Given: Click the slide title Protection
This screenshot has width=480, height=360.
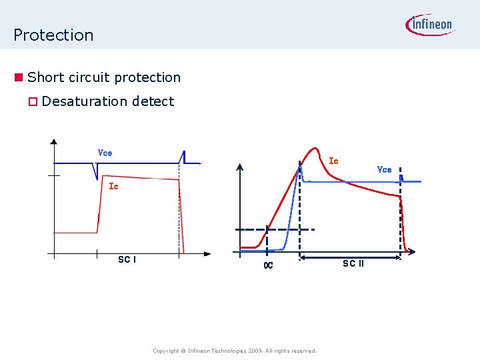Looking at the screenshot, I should (53, 35).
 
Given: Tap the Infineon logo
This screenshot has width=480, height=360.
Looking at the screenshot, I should (429, 25).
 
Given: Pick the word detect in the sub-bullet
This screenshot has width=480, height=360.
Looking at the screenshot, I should (153, 101).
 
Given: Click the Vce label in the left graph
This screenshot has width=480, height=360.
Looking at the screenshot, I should (105, 153).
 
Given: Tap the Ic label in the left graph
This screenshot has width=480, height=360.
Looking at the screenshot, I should (113, 187).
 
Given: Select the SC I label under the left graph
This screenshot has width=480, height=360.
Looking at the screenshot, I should (127, 259).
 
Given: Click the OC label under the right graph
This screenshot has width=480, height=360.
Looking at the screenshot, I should (268, 265).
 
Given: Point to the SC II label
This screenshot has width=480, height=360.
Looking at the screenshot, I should (353, 263).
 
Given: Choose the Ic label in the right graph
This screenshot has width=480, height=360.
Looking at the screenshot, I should (334, 161).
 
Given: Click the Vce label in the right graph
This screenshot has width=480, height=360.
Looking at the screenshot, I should (384, 169).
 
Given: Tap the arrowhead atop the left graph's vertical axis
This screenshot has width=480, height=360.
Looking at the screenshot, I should (54, 141).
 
